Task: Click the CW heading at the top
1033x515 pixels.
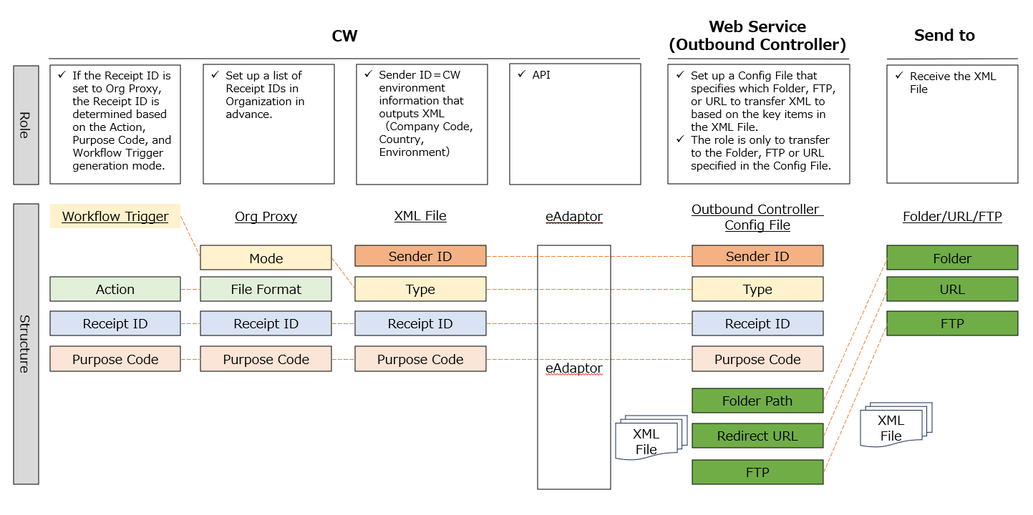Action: click(344, 36)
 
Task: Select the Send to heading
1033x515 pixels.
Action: click(944, 36)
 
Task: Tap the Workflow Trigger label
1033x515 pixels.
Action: click(115, 216)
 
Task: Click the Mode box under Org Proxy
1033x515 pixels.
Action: click(266, 258)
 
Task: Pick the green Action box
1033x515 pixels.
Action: click(115, 289)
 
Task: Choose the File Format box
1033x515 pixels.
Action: click(266, 289)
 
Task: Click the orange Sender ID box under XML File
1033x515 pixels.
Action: click(420, 256)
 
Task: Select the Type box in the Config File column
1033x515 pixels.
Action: click(757, 289)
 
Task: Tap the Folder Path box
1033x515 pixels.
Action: click(757, 401)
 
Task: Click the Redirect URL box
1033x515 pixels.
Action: click(757, 436)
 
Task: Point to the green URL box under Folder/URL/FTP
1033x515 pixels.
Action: click(952, 289)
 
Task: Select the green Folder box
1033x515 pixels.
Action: click(952, 258)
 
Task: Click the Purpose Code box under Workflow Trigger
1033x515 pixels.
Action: click(115, 359)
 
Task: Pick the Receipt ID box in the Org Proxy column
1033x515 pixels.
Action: click(266, 323)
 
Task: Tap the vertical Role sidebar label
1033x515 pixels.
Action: click(26, 124)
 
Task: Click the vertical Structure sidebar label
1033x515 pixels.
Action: click(26, 343)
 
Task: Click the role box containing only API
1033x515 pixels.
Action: click(574, 124)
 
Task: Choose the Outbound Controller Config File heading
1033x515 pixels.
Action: click(757, 217)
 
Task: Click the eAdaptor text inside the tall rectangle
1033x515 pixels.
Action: click(573, 368)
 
